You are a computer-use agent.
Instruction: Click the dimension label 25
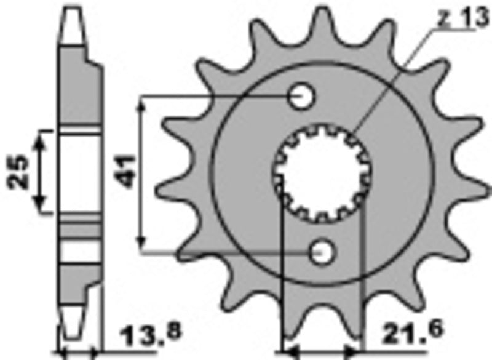pos(18,172)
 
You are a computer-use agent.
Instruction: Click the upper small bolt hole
pos(302,96)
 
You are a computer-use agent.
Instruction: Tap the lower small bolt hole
pos(322,252)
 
